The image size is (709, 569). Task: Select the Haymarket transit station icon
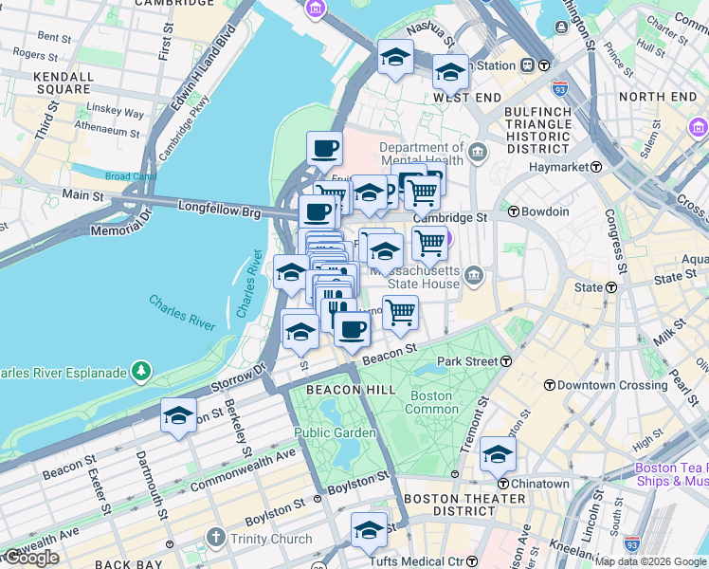(x=596, y=166)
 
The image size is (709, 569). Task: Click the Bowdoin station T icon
(x=513, y=211)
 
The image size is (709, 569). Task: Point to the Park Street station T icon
(x=506, y=361)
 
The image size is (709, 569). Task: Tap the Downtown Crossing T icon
(x=550, y=385)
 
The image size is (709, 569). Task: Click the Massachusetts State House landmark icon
(x=475, y=277)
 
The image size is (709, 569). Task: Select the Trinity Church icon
(x=217, y=540)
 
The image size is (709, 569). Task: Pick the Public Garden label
(x=325, y=432)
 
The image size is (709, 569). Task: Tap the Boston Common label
(x=429, y=402)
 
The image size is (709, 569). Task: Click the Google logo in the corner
(x=30, y=558)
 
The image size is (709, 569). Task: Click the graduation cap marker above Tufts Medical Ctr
(x=369, y=530)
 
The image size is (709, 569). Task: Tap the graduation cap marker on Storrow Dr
(x=178, y=415)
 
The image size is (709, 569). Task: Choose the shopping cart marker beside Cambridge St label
(x=429, y=242)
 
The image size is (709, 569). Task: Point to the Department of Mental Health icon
(x=477, y=152)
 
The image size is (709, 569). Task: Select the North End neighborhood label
(x=657, y=97)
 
